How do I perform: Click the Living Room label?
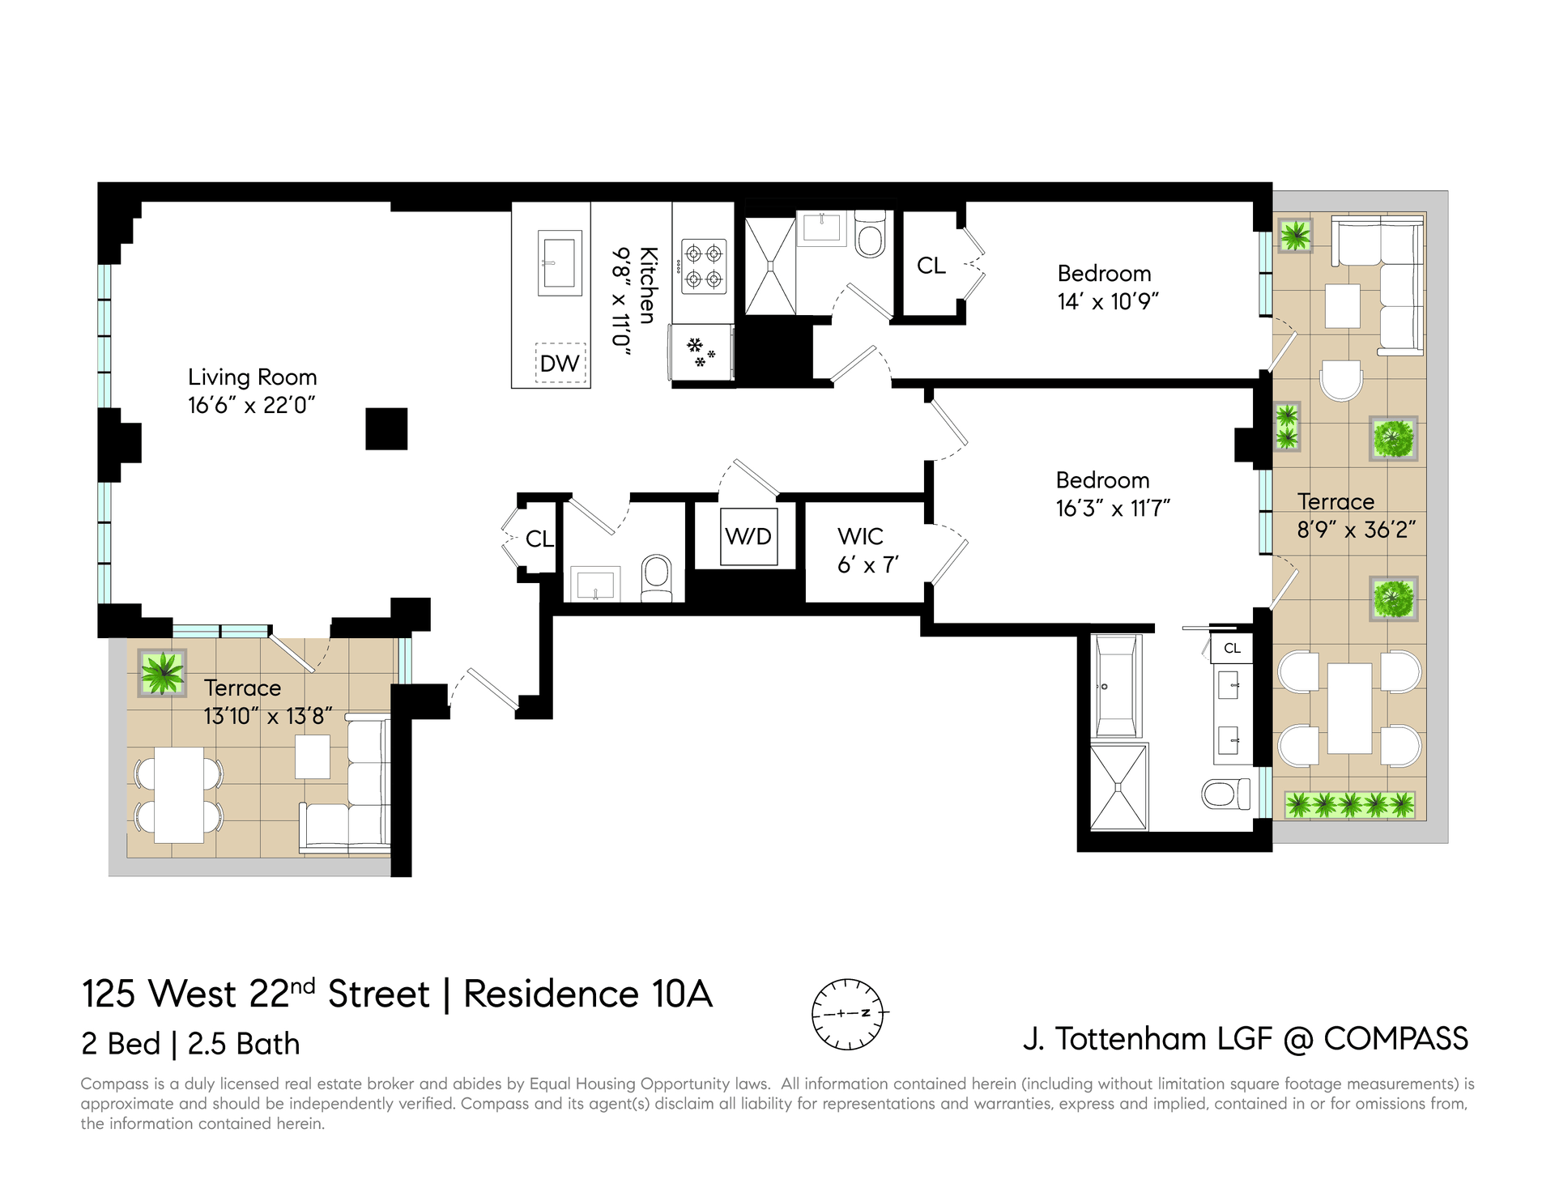tap(252, 377)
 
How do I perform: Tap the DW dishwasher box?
tap(560, 363)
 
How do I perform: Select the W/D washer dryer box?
tap(749, 536)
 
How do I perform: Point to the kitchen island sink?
tap(560, 262)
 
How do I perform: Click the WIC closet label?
tap(860, 536)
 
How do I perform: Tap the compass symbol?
tap(848, 1013)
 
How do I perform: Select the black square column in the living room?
tap(386, 428)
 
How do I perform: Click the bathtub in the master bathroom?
tap(1116, 685)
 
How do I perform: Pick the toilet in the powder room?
tap(656, 578)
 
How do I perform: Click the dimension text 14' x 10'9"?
tap(1108, 302)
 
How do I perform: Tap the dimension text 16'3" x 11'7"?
tap(1113, 509)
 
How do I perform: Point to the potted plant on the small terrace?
tap(162, 672)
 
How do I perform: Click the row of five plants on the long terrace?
tap(1350, 804)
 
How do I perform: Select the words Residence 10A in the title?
tap(588, 994)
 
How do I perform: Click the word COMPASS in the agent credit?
tap(1395, 1038)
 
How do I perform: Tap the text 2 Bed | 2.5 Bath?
tap(190, 1044)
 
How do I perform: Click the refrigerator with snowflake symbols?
tap(701, 352)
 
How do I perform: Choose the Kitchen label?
tap(647, 286)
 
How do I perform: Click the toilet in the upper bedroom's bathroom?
tap(871, 234)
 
